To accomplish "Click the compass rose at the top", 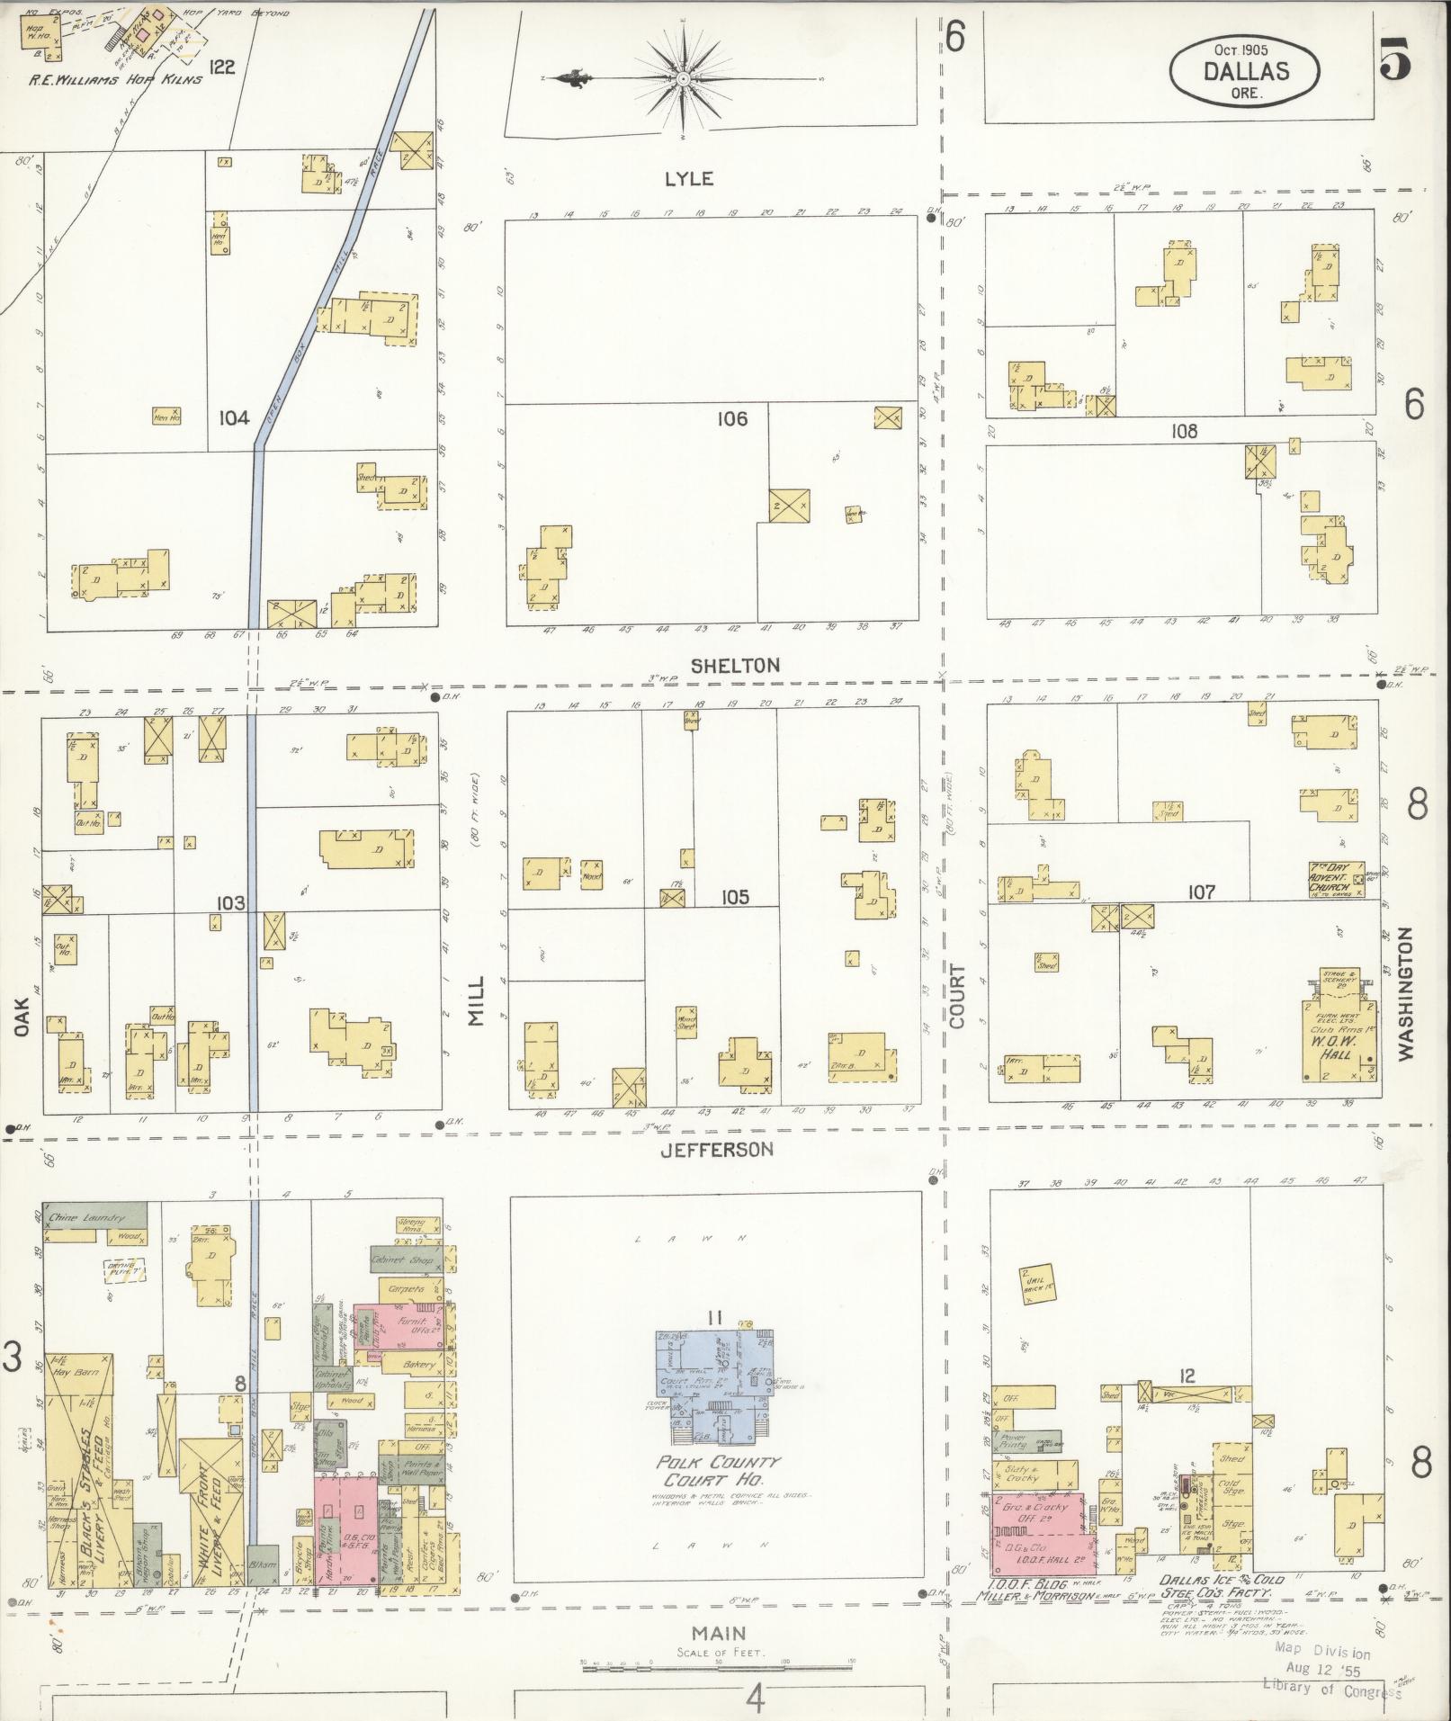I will tap(684, 79).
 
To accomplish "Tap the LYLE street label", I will tap(689, 179).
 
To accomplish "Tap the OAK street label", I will tap(22, 1016).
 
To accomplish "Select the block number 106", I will tap(732, 418).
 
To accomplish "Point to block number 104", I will tap(234, 417).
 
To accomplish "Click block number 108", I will tap(1184, 431).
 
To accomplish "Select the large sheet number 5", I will tap(1394, 61).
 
